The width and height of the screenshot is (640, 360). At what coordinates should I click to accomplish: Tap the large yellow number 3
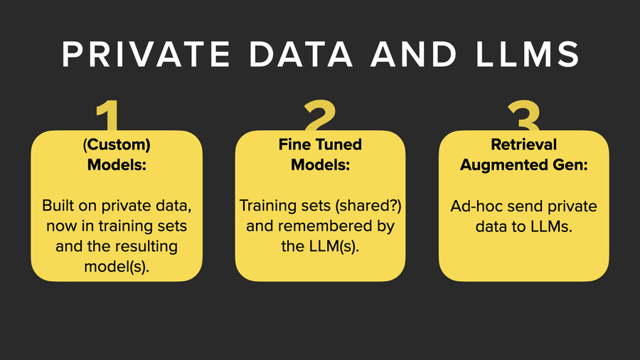click(x=525, y=117)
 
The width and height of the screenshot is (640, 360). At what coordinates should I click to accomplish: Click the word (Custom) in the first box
click(x=117, y=144)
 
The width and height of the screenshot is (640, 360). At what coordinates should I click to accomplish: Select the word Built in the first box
click(x=59, y=206)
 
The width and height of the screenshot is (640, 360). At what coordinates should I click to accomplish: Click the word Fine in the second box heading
click(x=292, y=144)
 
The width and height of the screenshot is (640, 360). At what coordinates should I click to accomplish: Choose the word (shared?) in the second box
click(x=363, y=206)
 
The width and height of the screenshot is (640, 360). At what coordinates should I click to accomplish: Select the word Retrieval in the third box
click(x=523, y=144)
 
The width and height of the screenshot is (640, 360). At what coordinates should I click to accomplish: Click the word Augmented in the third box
click(x=500, y=165)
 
